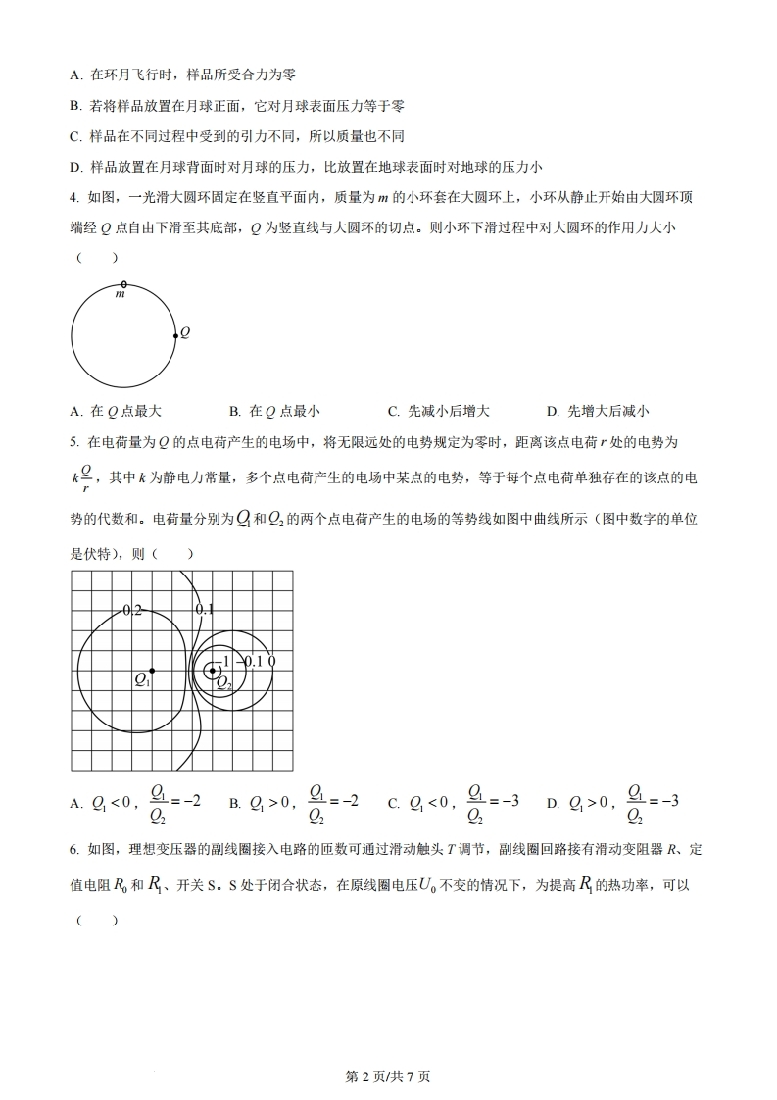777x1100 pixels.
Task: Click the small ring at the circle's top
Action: tap(122, 283)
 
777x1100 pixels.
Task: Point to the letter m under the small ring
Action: tap(121, 294)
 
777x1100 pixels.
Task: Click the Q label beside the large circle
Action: tap(184, 332)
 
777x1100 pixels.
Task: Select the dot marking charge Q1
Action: tap(152, 671)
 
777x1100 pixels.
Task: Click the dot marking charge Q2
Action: tap(213, 671)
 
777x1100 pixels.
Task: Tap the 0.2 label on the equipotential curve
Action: tap(132, 610)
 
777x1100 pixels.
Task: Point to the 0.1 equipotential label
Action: tap(204, 610)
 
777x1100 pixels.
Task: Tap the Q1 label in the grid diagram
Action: tap(141, 678)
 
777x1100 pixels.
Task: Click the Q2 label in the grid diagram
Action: tap(223, 682)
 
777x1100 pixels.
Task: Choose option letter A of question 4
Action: tap(75, 411)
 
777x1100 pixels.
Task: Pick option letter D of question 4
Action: tap(552, 411)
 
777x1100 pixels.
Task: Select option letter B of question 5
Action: tap(234, 804)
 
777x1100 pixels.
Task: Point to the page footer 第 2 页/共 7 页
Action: tap(389, 1076)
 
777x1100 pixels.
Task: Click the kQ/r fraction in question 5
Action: tap(84, 478)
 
